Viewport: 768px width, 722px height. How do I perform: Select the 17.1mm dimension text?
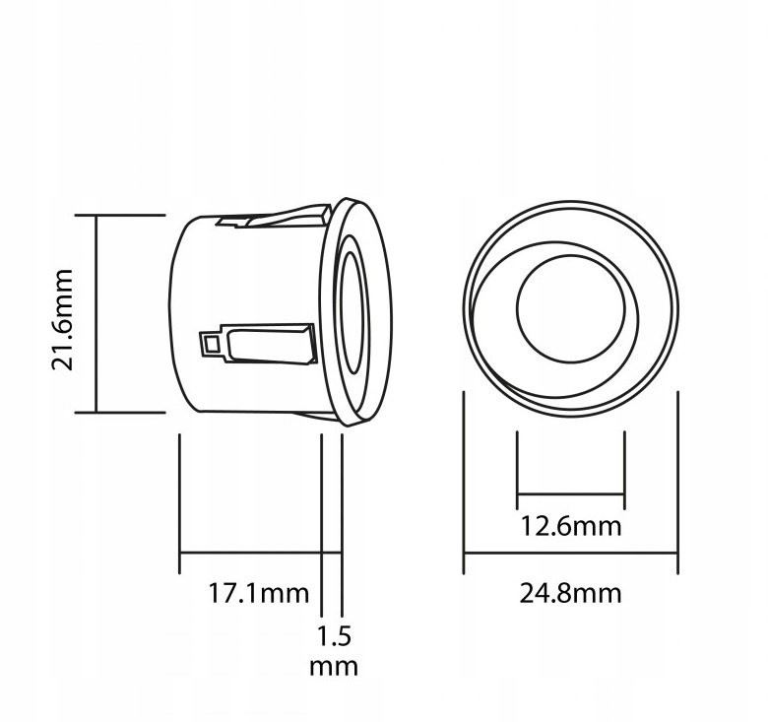259,594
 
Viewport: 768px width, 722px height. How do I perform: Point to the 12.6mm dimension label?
571,526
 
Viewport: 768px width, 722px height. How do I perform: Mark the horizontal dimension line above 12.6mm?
571,493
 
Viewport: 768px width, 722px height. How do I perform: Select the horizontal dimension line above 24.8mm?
571,554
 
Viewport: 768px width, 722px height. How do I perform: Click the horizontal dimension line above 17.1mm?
251,554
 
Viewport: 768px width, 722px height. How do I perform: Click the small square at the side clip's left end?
210,344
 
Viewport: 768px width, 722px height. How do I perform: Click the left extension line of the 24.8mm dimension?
464,483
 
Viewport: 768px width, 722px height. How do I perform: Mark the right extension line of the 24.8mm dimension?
677,483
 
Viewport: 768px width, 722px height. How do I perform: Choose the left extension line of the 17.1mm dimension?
179,502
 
